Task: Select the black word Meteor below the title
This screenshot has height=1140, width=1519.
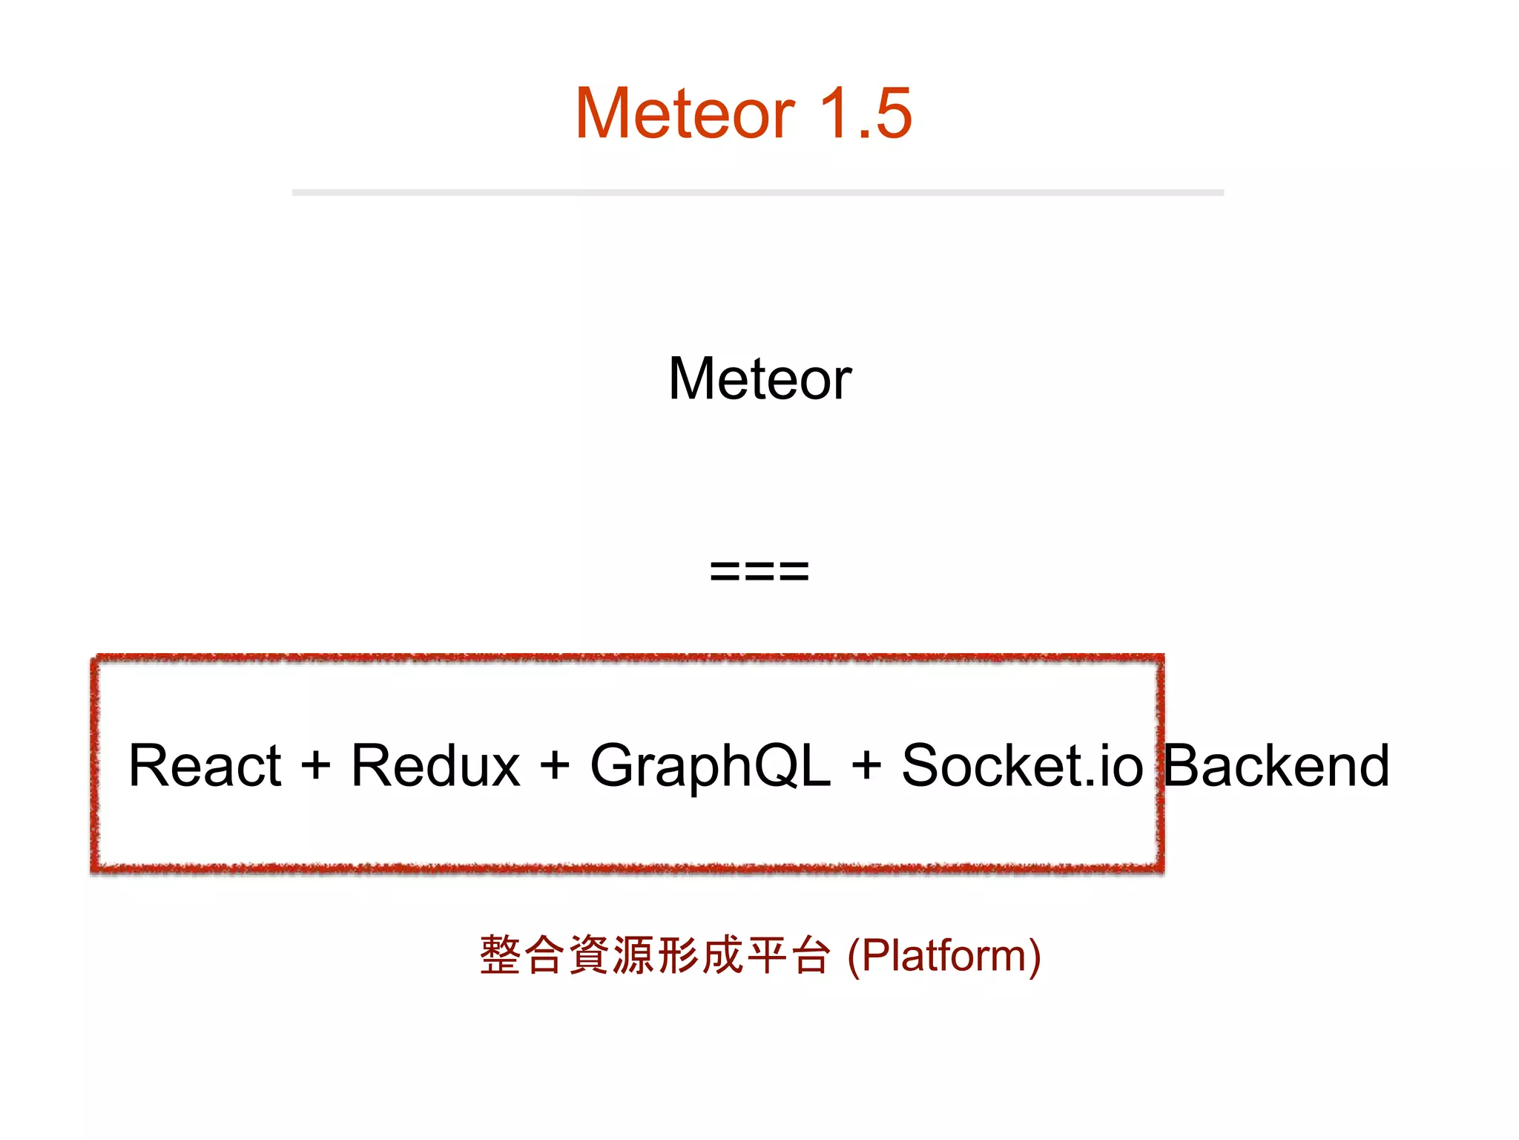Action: [x=759, y=379]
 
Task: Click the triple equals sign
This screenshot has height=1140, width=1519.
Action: [x=759, y=571]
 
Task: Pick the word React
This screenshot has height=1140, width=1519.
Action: [x=205, y=766]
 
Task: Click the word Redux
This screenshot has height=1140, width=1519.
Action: [x=435, y=766]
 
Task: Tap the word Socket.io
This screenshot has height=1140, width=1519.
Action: [x=1022, y=766]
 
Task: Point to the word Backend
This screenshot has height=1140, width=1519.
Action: [x=1276, y=766]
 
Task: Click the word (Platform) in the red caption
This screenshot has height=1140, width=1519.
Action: [x=943, y=956]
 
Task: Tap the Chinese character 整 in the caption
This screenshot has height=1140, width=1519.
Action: [x=501, y=955]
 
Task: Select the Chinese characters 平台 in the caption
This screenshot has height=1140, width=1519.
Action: [x=788, y=955]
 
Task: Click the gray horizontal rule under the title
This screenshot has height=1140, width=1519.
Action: [x=757, y=193]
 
